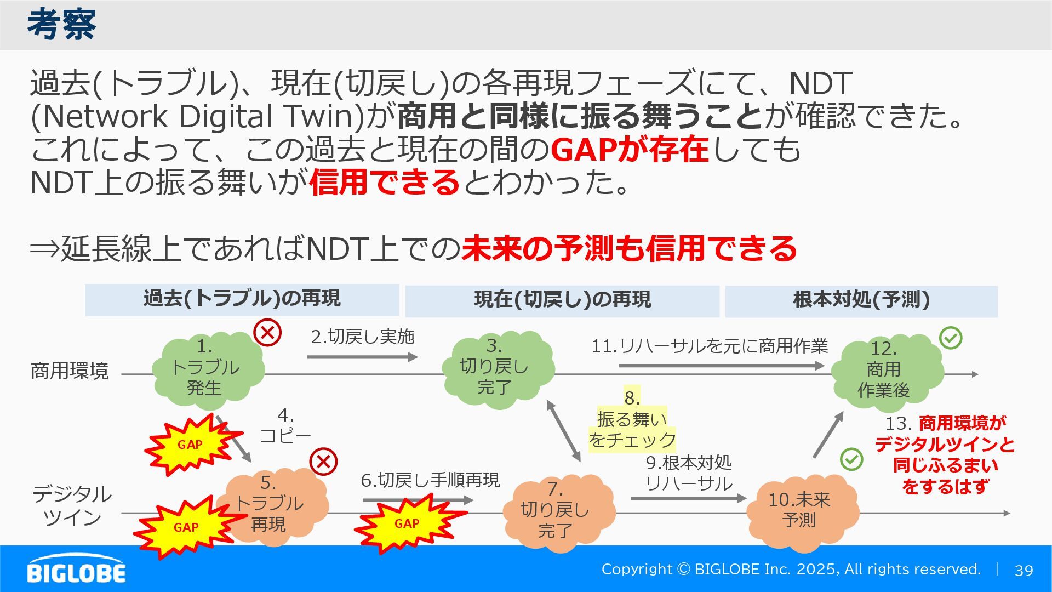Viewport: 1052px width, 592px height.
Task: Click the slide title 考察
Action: [x=61, y=25]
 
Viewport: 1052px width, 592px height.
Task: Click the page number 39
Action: [x=1024, y=571]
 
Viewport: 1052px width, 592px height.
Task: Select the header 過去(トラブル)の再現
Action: [x=242, y=299]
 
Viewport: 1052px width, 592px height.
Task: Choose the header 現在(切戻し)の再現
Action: [x=562, y=300]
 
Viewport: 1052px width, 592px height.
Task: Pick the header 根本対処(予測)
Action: [x=861, y=300]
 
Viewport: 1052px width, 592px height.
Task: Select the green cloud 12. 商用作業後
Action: [x=885, y=371]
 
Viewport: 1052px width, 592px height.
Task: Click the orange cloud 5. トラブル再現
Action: [x=271, y=504]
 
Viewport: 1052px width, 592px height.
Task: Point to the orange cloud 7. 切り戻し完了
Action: [x=556, y=511]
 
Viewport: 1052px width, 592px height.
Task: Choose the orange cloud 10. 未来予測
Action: [x=800, y=511]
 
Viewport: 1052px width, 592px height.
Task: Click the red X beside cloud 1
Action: [x=267, y=332]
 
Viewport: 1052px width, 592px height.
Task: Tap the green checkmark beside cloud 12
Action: [x=951, y=338]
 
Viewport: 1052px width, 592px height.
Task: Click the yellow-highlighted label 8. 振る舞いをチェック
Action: [x=632, y=420]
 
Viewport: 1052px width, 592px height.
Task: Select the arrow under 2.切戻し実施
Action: [x=362, y=357]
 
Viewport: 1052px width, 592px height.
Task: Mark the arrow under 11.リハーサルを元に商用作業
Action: [x=721, y=366]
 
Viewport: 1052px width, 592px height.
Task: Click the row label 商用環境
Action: [x=70, y=371]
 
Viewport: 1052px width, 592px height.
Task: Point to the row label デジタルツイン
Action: [x=72, y=505]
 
